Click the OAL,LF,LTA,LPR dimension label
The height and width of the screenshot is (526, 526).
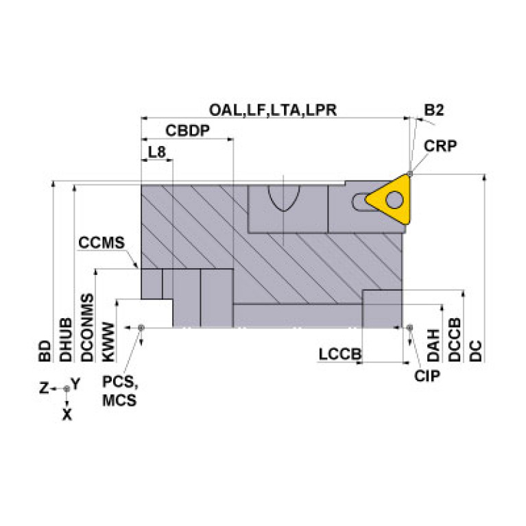coord(272,110)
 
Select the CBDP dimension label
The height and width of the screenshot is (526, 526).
coord(187,130)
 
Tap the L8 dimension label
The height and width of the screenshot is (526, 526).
coord(157,152)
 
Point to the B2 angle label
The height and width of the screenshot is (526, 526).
coord(433,110)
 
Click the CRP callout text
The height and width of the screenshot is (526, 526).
coord(440,145)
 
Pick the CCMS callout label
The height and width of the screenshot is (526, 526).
coord(101,243)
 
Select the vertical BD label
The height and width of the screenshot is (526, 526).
coord(45,349)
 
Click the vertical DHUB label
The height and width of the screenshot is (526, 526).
coord(66,339)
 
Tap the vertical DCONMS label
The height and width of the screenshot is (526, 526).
coord(87,328)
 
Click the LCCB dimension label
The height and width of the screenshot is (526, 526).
coord(339,354)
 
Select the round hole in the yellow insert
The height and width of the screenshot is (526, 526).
coord(395,200)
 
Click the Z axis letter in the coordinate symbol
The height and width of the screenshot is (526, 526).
coord(43,388)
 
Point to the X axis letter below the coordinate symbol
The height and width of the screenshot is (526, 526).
coord(67,414)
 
